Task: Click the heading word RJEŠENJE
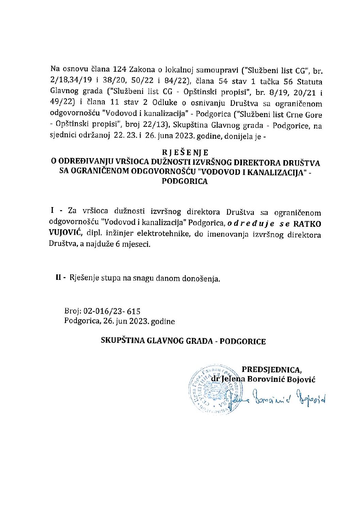pos(185,152)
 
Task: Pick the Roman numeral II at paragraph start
pos(59,278)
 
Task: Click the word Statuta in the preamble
pos(310,82)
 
